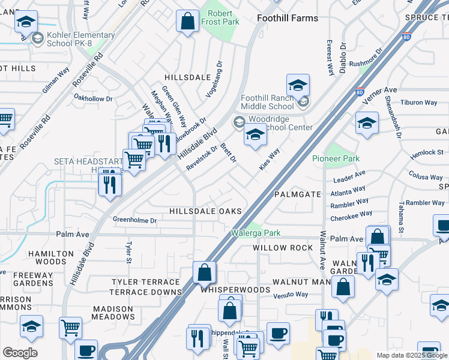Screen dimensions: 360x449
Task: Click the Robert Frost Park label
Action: (220, 17)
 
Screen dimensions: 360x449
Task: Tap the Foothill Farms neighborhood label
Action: (288, 18)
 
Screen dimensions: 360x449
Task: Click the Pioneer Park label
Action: (335, 158)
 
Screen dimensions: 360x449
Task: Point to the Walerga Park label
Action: (256, 233)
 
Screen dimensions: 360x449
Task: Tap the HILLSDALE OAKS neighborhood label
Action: (205, 211)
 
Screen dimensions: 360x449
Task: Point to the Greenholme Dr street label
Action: (135, 220)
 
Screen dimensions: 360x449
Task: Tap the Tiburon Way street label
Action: (418, 103)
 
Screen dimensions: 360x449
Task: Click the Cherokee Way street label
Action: (351, 215)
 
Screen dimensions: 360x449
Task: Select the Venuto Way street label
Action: (291, 295)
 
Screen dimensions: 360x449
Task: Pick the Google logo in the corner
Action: (20, 353)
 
